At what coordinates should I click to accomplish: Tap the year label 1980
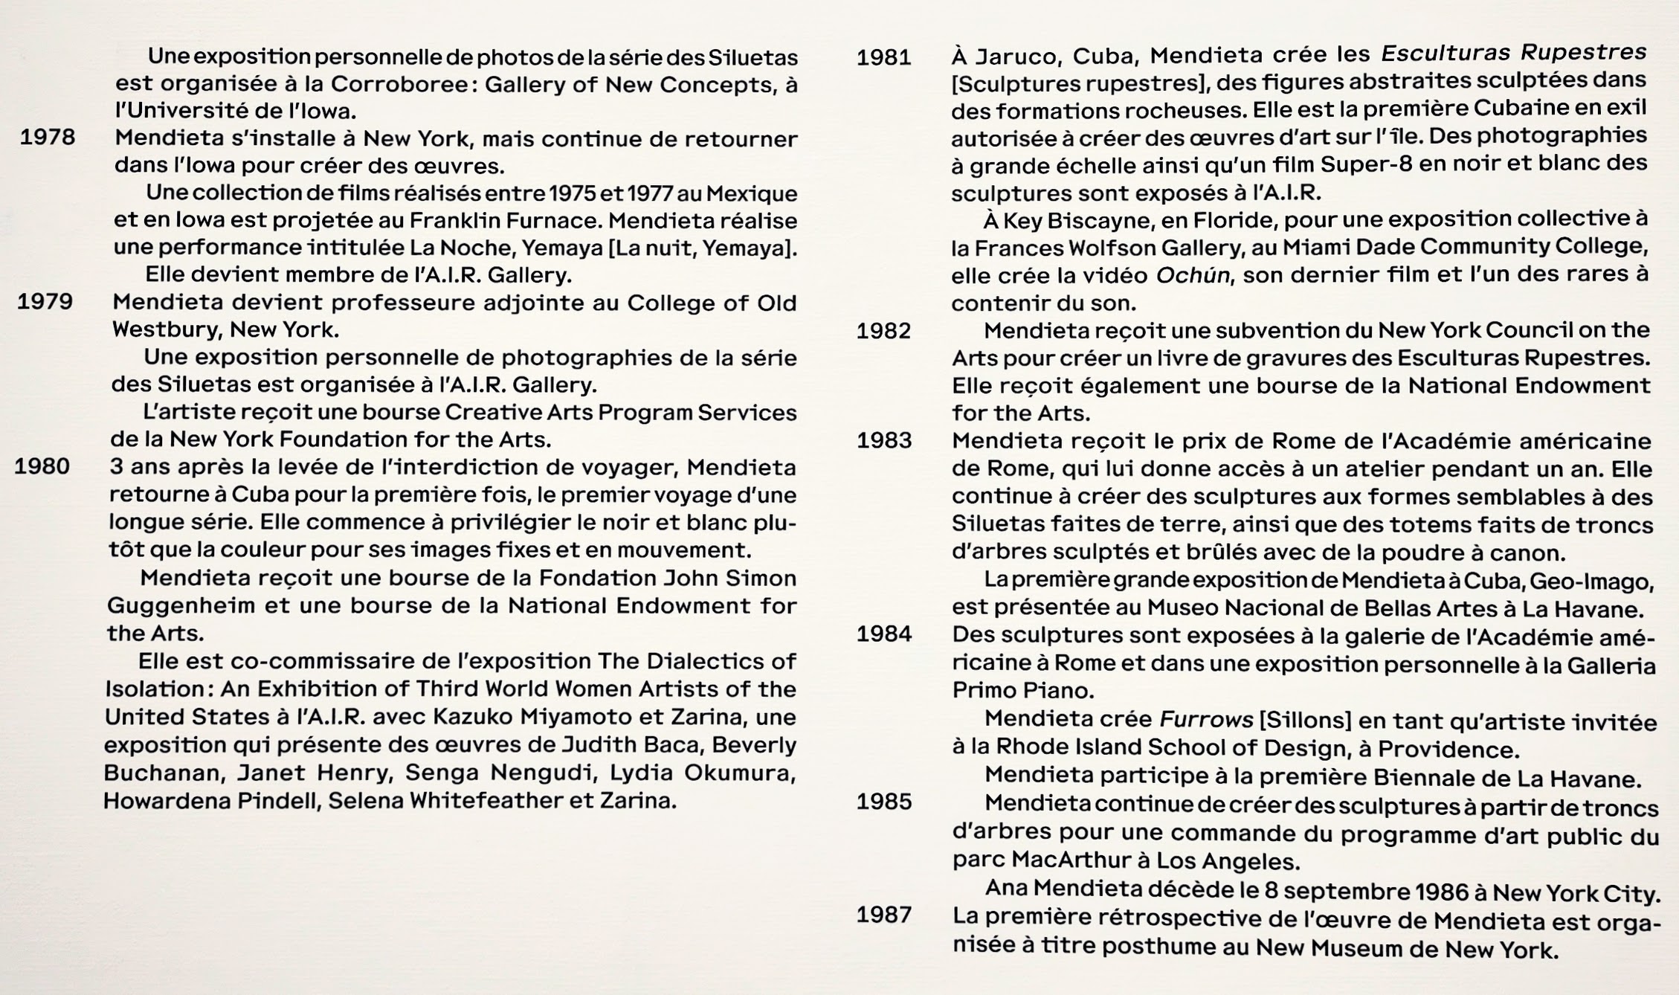pyautogui.click(x=42, y=466)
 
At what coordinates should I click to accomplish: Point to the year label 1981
pyautogui.click(x=884, y=57)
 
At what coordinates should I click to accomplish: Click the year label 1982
pyautogui.click(x=883, y=331)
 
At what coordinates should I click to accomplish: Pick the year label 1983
pyautogui.click(x=884, y=440)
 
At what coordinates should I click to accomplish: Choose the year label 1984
pyautogui.click(x=884, y=634)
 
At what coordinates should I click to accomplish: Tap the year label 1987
pyautogui.click(x=884, y=914)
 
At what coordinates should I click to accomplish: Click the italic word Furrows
pyautogui.click(x=1206, y=719)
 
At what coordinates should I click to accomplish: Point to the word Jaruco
pyautogui.click(x=1019, y=57)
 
